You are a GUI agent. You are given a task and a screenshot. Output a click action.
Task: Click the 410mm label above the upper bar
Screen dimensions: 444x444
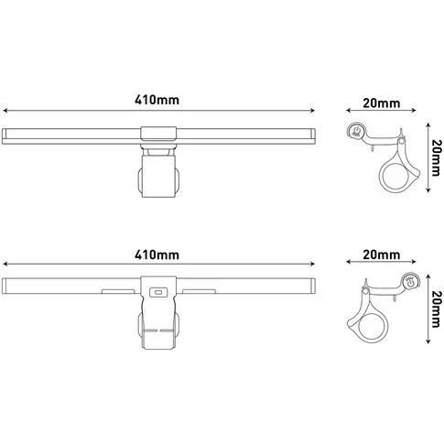[157, 100]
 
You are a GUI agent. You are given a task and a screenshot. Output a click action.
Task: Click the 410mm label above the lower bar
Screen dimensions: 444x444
[157, 254]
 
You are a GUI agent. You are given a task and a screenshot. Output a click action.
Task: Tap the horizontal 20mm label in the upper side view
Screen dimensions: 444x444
[381, 103]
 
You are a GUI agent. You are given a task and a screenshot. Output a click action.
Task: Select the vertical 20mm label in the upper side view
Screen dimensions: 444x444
[437, 157]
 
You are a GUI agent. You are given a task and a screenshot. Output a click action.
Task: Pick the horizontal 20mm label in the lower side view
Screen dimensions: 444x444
[381, 254]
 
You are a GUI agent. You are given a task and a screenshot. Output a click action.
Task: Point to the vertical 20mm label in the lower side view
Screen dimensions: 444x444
[437, 309]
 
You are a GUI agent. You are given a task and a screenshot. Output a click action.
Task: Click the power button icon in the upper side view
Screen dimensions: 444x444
[355, 131]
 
